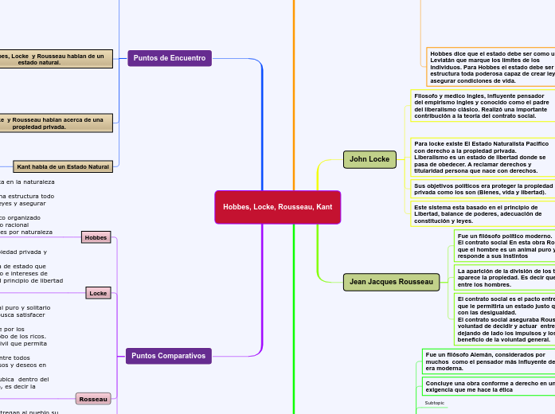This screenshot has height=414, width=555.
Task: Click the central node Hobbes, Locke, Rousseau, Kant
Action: (x=277, y=207)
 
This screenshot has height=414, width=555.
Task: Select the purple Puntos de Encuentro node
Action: (x=169, y=58)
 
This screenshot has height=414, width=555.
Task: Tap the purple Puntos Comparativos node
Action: (x=168, y=356)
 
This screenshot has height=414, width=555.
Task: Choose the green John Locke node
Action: (x=369, y=159)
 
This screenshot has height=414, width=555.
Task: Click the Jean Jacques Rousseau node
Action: (x=391, y=282)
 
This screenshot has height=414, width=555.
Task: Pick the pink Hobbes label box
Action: (x=96, y=237)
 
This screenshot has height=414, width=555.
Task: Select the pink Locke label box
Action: (x=98, y=293)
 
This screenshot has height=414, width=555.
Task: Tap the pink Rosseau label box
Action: (x=93, y=398)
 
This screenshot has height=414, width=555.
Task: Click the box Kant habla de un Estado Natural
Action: (x=63, y=166)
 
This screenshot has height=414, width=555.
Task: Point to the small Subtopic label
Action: (x=435, y=403)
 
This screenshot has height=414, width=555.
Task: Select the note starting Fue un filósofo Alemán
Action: (x=488, y=361)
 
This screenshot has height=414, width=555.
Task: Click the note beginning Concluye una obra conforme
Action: (x=488, y=386)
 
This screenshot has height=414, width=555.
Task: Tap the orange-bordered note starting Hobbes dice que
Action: (x=491, y=66)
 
